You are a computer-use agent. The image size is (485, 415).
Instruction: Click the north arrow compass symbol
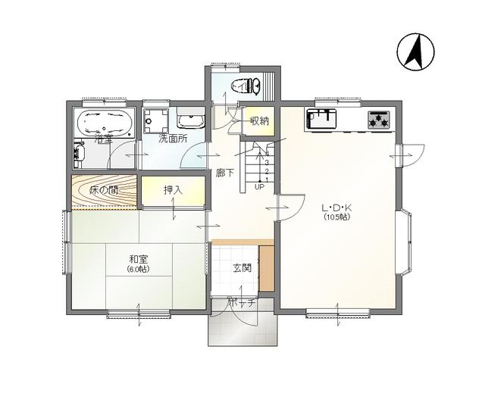click(415, 52)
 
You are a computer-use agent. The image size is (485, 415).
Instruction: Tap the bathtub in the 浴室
click(105, 124)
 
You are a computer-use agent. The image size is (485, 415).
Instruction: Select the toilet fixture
click(246, 86)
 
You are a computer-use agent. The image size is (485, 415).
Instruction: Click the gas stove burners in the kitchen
click(378, 120)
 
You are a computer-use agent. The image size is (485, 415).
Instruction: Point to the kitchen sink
click(321, 119)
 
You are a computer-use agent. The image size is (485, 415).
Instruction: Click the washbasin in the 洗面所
click(191, 120)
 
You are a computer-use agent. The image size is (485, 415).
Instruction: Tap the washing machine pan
click(155, 120)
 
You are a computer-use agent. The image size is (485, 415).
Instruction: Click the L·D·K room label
click(336, 207)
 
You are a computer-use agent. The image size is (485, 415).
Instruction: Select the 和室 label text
click(139, 258)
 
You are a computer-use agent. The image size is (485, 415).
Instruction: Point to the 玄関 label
click(242, 268)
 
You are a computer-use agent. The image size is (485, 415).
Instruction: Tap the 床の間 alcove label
click(104, 190)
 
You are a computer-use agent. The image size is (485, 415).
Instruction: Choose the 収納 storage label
click(259, 121)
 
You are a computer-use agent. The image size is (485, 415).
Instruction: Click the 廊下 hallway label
click(225, 173)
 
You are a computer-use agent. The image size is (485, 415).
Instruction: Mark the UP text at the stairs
click(259, 186)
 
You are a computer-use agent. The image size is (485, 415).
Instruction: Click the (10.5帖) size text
click(336, 217)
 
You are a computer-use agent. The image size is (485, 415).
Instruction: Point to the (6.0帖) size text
click(138, 269)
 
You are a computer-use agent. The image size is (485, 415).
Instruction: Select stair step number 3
click(267, 163)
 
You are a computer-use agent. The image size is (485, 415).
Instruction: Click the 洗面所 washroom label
click(173, 139)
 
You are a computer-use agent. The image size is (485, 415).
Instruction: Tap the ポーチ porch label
click(242, 303)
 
